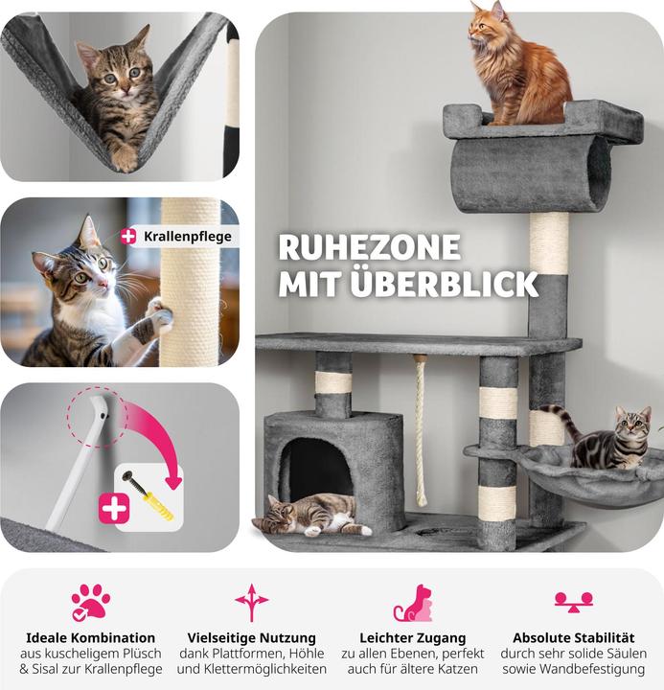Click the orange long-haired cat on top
pos(519,66)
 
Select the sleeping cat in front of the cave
pos(311,514)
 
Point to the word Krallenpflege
pos(188,237)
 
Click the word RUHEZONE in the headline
pos(370,247)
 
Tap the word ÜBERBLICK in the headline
pos(445,284)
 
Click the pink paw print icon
pos(91,603)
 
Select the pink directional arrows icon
pos(251,602)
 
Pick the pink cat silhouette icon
pos(413,604)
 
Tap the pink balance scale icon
pos(574,603)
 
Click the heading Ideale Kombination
pos(91,637)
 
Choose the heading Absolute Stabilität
pos(574,637)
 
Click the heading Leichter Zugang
pos(413,637)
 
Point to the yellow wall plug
pos(157,507)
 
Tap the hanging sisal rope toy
pos(420,431)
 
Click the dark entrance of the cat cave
pos(316,467)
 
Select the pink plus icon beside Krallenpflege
pos(128,237)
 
